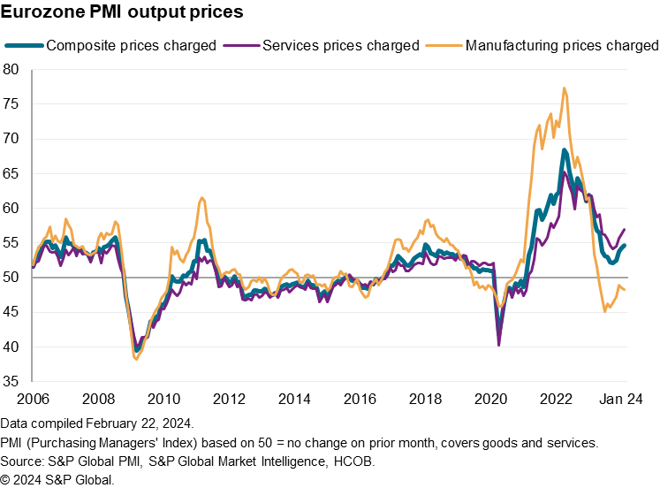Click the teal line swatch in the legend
coord(24,45)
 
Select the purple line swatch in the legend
coord(241,45)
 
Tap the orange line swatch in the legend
coord(444,45)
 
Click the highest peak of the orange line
coord(564,88)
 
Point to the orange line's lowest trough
coord(135,358)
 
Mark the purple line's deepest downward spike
coord(499,344)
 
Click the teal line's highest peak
coord(564,149)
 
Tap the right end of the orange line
coord(625,290)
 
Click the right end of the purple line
coord(625,229)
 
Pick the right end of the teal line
coord(625,245)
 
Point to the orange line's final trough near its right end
coord(605,310)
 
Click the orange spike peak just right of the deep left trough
coord(202,198)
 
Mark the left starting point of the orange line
coord(34,264)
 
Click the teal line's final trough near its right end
coord(611,263)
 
